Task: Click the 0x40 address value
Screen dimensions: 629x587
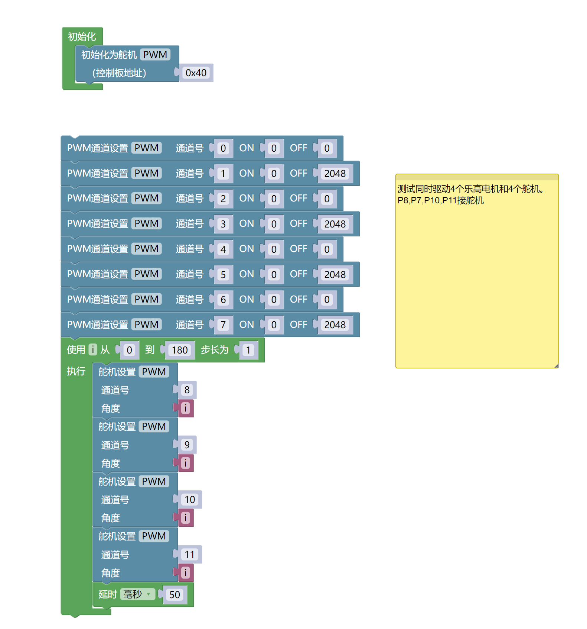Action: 196,73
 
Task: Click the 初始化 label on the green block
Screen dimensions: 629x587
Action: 82,36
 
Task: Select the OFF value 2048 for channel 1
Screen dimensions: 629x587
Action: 335,174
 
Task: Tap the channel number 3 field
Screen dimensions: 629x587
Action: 223,224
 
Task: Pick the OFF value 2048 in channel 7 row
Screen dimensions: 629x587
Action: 335,325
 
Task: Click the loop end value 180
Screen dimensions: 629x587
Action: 180,350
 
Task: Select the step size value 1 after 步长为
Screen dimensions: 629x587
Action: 248,350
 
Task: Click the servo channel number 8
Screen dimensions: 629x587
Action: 187,390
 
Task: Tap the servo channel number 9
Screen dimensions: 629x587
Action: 187,445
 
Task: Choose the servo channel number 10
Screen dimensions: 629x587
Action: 190,500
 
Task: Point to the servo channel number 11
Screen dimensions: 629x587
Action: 190,555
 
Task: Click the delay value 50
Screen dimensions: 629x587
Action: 175,595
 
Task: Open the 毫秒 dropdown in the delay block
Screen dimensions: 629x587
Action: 137,594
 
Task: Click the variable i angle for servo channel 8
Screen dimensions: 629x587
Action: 186,408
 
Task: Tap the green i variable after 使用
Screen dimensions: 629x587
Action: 93,350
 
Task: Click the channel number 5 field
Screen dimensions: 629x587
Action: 223,274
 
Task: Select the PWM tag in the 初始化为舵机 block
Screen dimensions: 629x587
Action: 155,55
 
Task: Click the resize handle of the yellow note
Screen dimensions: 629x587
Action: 556,366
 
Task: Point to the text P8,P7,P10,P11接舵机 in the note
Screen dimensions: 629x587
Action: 441,200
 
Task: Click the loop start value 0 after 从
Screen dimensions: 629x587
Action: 129,350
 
